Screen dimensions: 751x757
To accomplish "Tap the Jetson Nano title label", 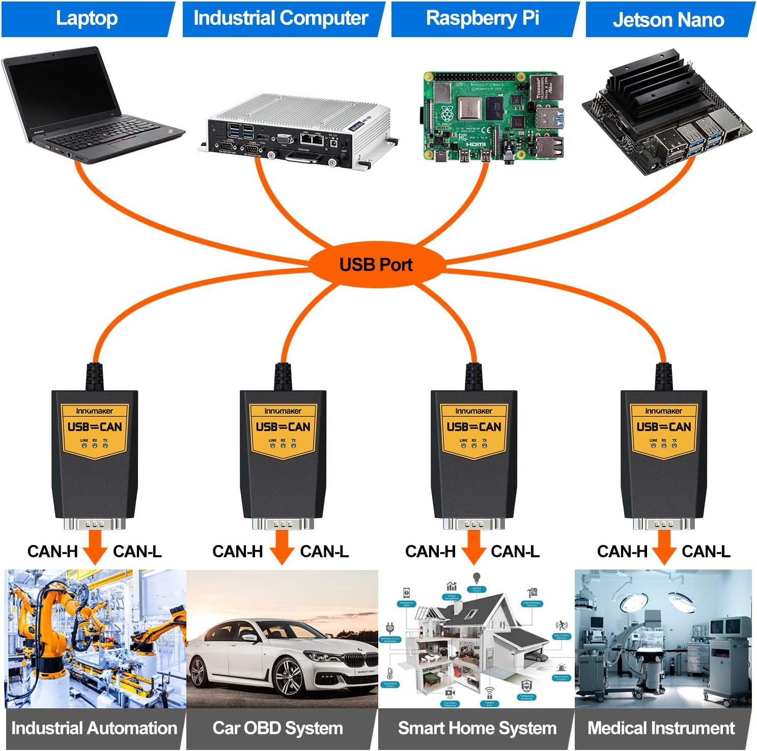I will [668, 20].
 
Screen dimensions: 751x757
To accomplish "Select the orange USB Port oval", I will [376, 264].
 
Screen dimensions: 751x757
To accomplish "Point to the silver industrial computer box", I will [298, 130].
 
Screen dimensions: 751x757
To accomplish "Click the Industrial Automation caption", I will [94, 728].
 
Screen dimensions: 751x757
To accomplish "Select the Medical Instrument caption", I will [661, 728].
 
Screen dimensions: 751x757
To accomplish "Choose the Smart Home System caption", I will [477, 728].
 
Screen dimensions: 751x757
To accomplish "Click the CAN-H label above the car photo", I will [237, 551].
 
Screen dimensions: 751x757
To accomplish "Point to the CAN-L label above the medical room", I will [706, 551].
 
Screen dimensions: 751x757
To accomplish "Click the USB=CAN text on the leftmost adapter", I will [95, 427].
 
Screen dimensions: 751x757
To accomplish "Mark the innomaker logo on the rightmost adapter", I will [663, 411].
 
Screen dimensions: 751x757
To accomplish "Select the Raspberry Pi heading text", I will [482, 18].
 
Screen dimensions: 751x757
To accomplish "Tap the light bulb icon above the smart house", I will [476, 579].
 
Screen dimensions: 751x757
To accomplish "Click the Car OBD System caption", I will [277, 728].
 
